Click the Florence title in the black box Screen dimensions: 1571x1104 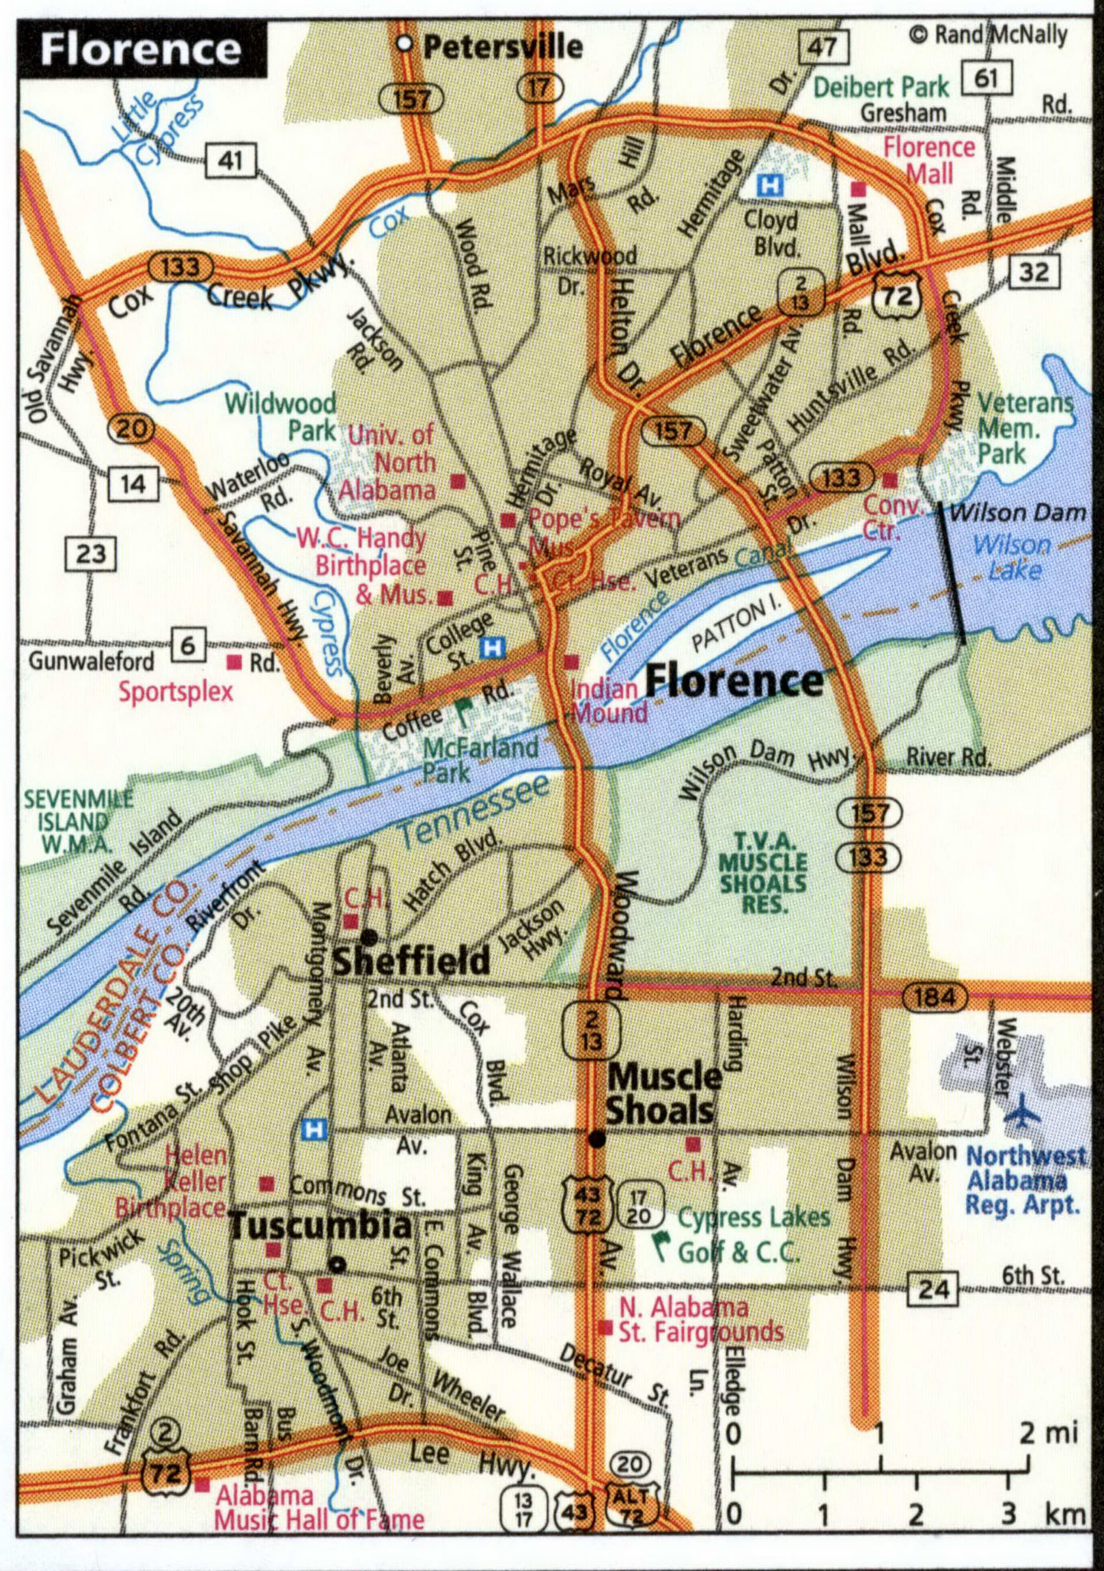coord(141,50)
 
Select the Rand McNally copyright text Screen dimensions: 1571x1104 coord(989,33)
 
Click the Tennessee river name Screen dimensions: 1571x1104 coord(473,812)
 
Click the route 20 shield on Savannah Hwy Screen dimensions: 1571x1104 coord(131,429)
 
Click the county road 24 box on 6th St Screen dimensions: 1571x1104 coord(934,1291)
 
